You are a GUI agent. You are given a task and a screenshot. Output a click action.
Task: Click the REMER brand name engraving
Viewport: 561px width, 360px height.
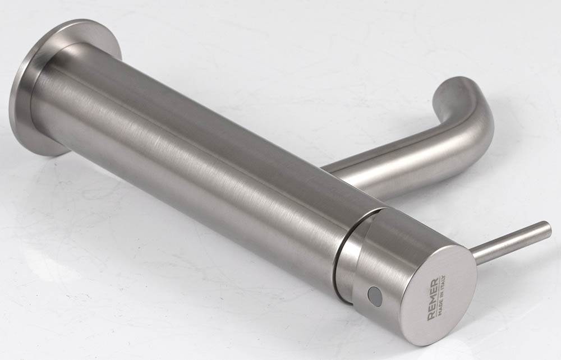click(x=432, y=300)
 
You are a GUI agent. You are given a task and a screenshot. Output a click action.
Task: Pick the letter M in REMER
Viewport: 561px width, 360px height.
click(x=432, y=300)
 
